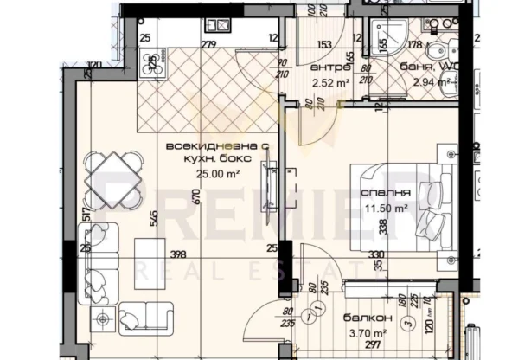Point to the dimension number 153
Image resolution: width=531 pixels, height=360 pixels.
(323, 44)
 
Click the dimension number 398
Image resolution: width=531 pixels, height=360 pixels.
(178, 254)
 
